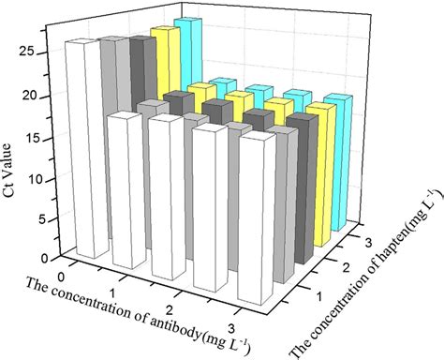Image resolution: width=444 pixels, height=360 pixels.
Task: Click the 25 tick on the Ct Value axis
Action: point(52,52)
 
